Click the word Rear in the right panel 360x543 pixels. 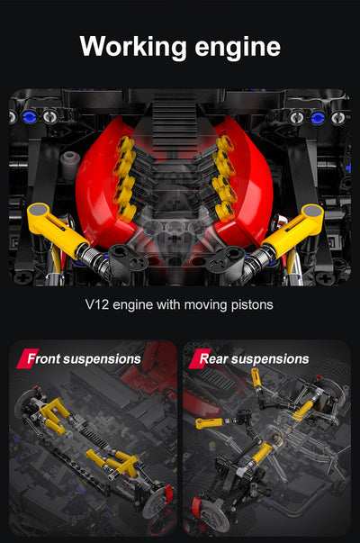coord(214,358)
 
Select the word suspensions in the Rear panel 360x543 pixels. coord(270,358)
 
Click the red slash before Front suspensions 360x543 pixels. coord(22,358)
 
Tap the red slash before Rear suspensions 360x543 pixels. coord(192,358)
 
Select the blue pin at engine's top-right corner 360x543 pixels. coord(317,117)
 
